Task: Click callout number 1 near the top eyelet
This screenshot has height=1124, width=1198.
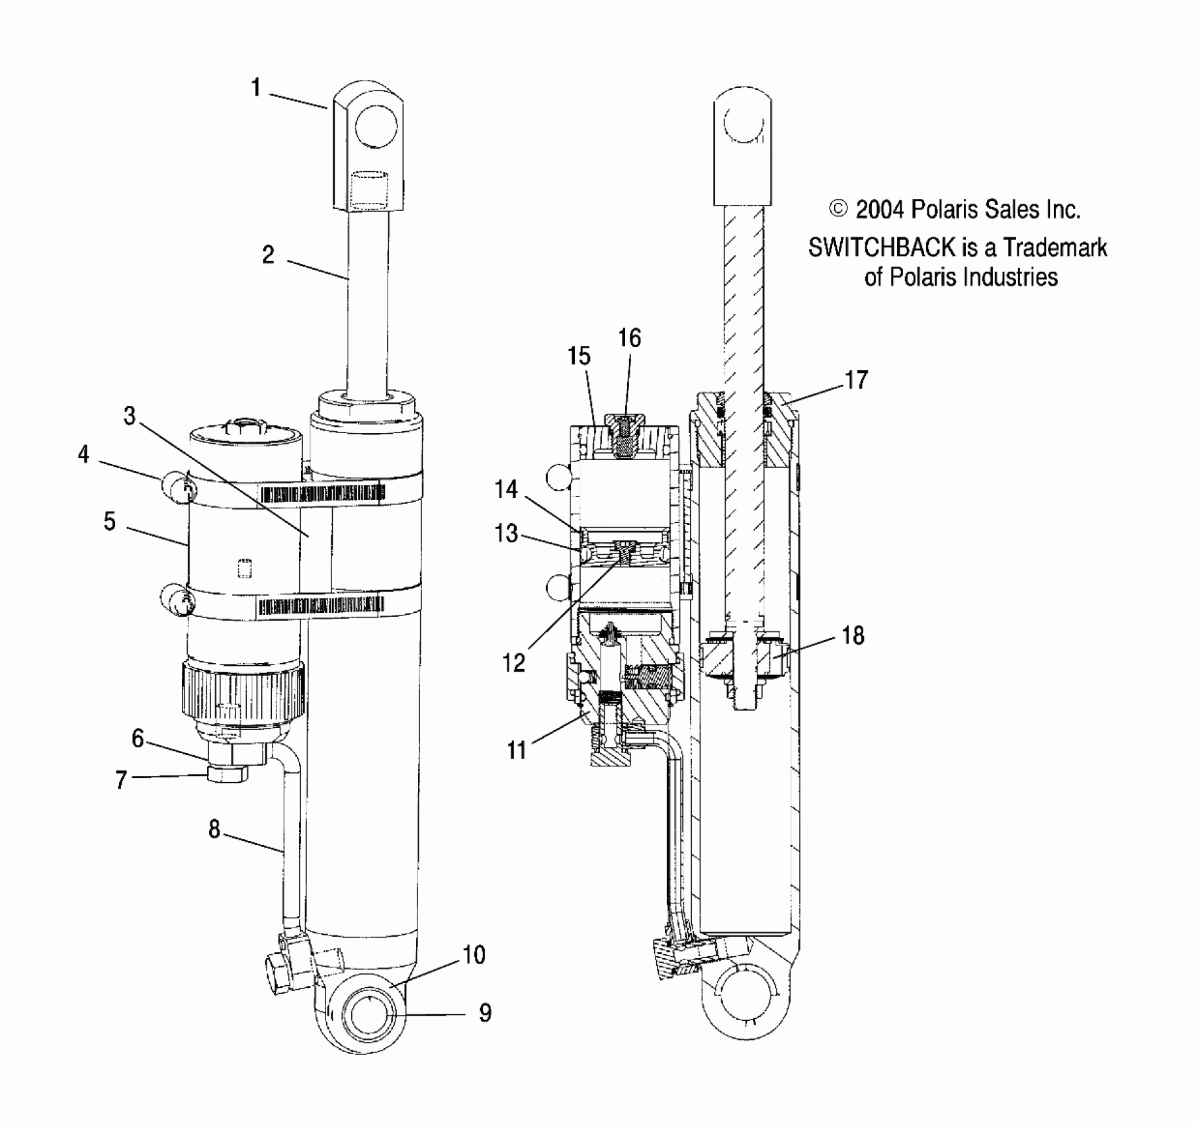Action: click(256, 88)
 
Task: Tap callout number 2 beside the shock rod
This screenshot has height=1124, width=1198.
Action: click(268, 255)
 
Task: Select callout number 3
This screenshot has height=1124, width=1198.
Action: click(130, 416)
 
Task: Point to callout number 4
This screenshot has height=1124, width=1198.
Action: click(83, 455)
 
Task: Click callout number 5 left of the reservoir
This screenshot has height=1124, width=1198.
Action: click(110, 522)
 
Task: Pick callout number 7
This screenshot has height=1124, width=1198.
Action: click(121, 780)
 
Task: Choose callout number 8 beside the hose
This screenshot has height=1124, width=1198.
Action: click(214, 829)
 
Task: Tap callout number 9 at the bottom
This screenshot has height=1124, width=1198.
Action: click(485, 1012)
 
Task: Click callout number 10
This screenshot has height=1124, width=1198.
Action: click(474, 955)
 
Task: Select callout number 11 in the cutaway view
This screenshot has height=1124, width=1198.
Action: click(517, 750)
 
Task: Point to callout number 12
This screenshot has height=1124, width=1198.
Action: click(514, 662)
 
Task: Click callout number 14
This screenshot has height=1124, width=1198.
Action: click(506, 490)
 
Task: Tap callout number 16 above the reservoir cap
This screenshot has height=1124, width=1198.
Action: click(629, 339)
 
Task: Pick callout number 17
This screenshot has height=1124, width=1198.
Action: click(856, 380)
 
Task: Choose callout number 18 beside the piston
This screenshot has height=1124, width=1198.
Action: click(853, 635)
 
